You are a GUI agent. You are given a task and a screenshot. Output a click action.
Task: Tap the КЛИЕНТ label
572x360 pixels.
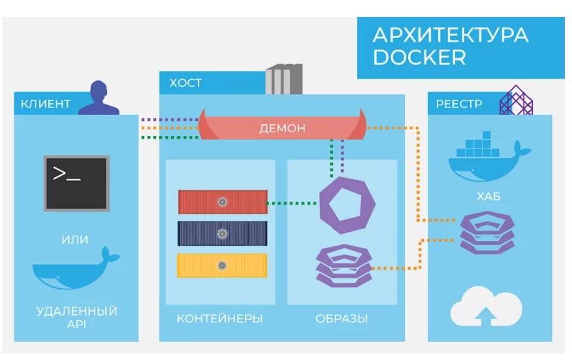(46, 104)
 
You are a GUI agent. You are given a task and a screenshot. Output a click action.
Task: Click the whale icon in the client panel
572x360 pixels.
(76, 269)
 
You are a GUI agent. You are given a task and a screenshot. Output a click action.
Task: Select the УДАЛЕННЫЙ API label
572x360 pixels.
(76, 317)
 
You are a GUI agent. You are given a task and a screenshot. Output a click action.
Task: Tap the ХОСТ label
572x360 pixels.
(185, 83)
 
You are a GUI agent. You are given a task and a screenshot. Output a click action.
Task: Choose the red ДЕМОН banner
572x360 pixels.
(282, 127)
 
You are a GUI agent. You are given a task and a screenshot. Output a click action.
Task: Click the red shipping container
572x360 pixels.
(223, 202)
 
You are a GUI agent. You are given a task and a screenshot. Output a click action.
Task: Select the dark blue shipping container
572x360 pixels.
(223, 233)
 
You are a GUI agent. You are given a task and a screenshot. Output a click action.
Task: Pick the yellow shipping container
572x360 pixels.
(223, 265)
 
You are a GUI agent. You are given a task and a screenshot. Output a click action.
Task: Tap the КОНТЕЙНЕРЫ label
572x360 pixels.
(219, 319)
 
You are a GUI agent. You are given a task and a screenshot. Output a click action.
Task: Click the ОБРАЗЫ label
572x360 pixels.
(342, 319)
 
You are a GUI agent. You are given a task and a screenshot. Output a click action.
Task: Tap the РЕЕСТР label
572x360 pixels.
(460, 104)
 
